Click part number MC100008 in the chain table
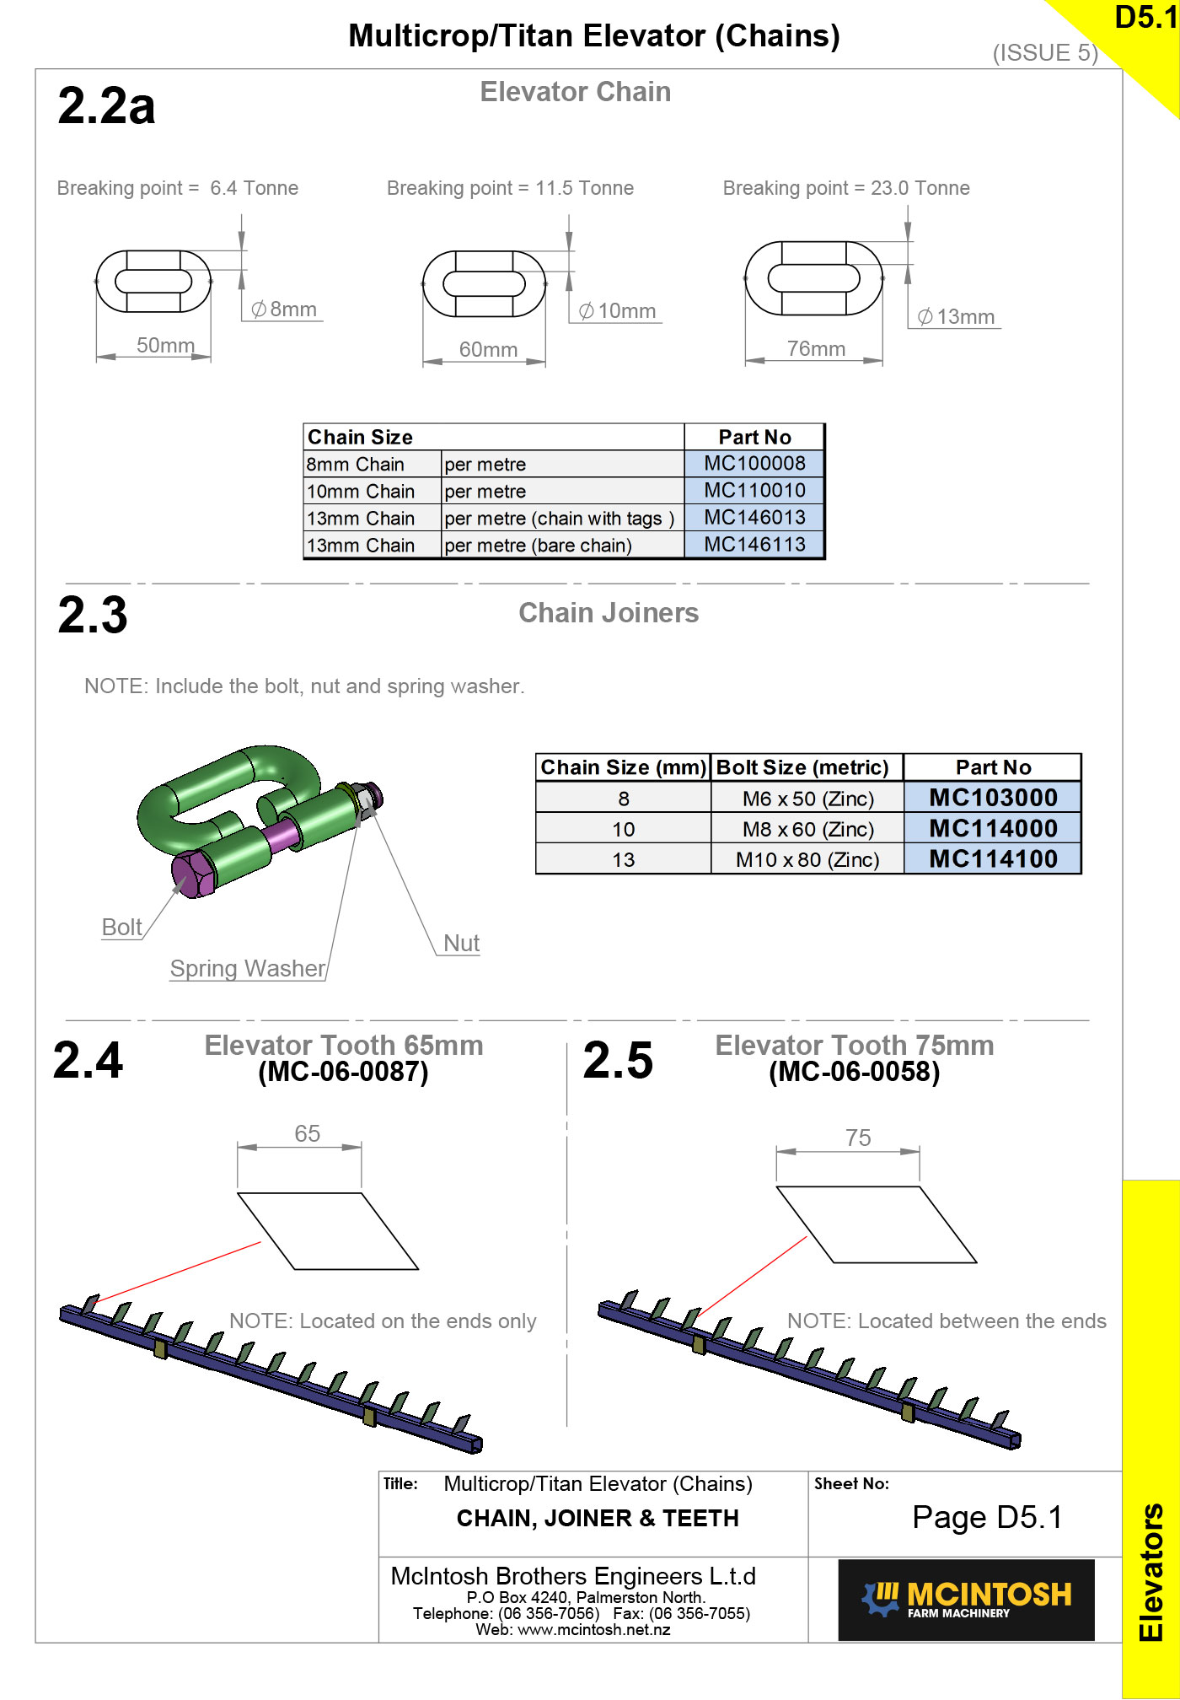754,463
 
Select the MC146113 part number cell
754,545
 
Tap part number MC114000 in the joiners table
993,828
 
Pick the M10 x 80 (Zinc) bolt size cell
807,859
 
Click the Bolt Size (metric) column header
802,767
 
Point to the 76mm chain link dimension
816,348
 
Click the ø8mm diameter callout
285,309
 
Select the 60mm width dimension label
488,349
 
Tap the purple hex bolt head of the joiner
193,874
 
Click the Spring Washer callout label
248,968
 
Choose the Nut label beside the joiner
461,943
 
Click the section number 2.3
93,615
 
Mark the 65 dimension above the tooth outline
307,1133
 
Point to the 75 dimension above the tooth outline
858,1138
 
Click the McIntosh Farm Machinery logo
966,1599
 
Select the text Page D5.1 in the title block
987,1517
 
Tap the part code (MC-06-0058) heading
854,1072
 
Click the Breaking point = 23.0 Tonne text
846,188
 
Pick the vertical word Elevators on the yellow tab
1150,1572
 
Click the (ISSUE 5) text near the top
1045,53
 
